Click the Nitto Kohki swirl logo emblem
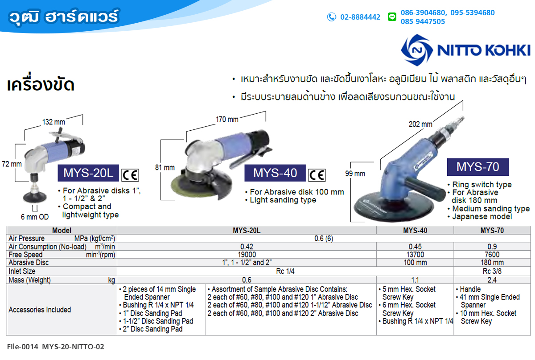417,50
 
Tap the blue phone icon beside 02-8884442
332,17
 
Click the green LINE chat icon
392,17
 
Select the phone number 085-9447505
423,21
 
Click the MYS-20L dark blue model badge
88,173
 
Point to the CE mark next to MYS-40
317,175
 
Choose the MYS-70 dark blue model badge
477,167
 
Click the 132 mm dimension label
54,122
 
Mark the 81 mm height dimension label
165,167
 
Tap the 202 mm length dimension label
420,124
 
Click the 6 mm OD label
35,217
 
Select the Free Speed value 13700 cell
415,254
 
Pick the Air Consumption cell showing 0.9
492,246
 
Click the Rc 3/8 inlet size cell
492,271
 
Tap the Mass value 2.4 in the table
492,280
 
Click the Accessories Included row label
40,310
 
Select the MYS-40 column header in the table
415,230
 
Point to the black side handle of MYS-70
427,189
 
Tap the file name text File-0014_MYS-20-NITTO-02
55,347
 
